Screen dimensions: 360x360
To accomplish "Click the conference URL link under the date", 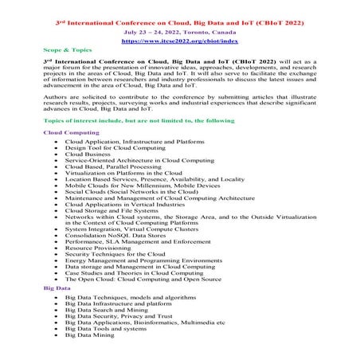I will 179,37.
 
